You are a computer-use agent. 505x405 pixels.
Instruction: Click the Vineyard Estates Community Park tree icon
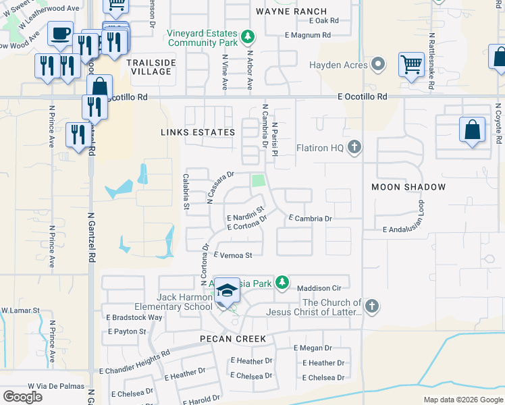click(x=248, y=36)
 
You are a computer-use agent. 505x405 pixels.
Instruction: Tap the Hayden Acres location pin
click(x=378, y=65)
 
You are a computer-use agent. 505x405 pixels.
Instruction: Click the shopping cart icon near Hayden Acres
click(x=410, y=65)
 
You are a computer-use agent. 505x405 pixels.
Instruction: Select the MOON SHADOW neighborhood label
click(x=408, y=186)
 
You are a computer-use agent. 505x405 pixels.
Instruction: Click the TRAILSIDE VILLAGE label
click(x=149, y=66)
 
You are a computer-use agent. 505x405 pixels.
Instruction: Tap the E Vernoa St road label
click(x=233, y=255)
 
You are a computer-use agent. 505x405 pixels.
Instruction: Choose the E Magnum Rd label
click(x=308, y=35)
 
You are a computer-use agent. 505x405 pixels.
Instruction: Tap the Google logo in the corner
click(x=22, y=396)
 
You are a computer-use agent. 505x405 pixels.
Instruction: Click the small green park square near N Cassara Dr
click(x=257, y=181)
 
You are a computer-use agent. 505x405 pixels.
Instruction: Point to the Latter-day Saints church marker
click(x=369, y=307)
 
